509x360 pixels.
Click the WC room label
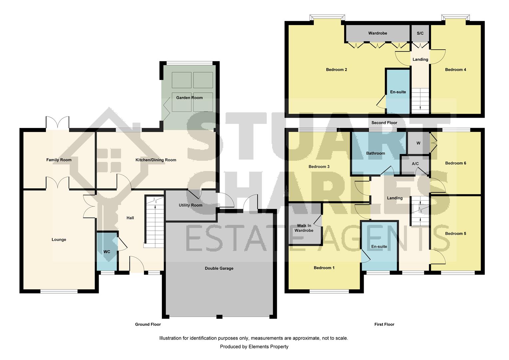[107, 252]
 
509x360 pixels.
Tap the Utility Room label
[191, 205]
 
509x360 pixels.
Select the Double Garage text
[219, 268]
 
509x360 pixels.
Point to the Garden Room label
[189, 98]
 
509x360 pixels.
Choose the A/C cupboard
[415, 165]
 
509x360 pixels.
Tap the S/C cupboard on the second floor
[420, 33]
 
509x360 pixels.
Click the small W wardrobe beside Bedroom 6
[418, 143]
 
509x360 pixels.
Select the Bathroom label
[375, 153]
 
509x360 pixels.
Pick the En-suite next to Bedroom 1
[379, 246]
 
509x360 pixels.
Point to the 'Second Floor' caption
[384, 123]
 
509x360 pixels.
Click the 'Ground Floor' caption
[148, 324]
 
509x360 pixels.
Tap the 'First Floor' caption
[384, 324]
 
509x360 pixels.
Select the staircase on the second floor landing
[420, 101]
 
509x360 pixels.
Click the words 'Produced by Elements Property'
[254, 347]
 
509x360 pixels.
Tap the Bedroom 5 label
[455, 234]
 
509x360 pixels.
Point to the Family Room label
[59, 160]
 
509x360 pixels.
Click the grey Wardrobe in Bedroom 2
[378, 33]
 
